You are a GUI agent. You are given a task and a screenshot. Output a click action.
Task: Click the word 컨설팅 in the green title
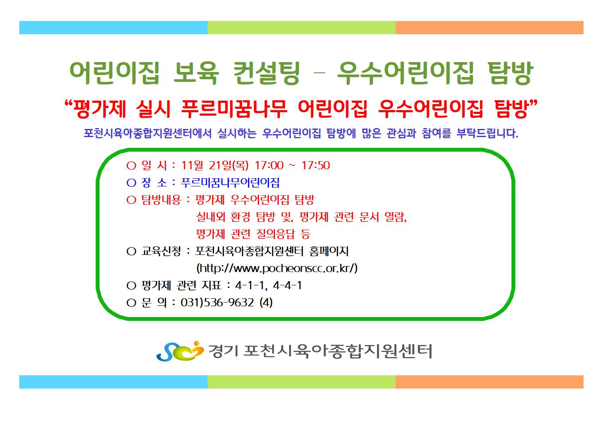click(x=266, y=73)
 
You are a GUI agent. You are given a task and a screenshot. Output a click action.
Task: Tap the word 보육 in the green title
click(x=196, y=73)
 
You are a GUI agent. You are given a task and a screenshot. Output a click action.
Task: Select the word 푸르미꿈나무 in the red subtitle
click(x=234, y=109)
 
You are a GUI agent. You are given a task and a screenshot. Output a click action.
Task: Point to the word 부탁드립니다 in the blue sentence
click(x=487, y=133)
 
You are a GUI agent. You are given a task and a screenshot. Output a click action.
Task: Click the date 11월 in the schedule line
click(x=192, y=165)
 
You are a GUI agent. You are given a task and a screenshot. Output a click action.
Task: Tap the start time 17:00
click(x=269, y=165)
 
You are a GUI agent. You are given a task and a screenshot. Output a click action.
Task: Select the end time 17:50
click(x=315, y=165)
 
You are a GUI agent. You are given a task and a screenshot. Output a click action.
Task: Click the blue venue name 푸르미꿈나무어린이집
click(x=230, y=183)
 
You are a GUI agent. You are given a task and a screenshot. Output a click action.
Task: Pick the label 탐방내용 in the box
click(x=161, y=200)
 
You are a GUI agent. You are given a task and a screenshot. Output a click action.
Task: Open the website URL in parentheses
click(x=277, y=268)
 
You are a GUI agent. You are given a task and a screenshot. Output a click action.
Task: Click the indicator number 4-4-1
click(x=287, y=285)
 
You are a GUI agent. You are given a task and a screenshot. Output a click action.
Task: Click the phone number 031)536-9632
click(x=217, y=302)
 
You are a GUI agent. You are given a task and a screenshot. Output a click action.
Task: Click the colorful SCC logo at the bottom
click(x=180, y=351)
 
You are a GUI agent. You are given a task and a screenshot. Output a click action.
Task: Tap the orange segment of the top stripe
click(x=490, y=28)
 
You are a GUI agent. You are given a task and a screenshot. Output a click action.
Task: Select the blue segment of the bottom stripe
click(x=113, y=382)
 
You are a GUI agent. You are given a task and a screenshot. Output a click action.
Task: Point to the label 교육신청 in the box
click(x=161, y=251)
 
